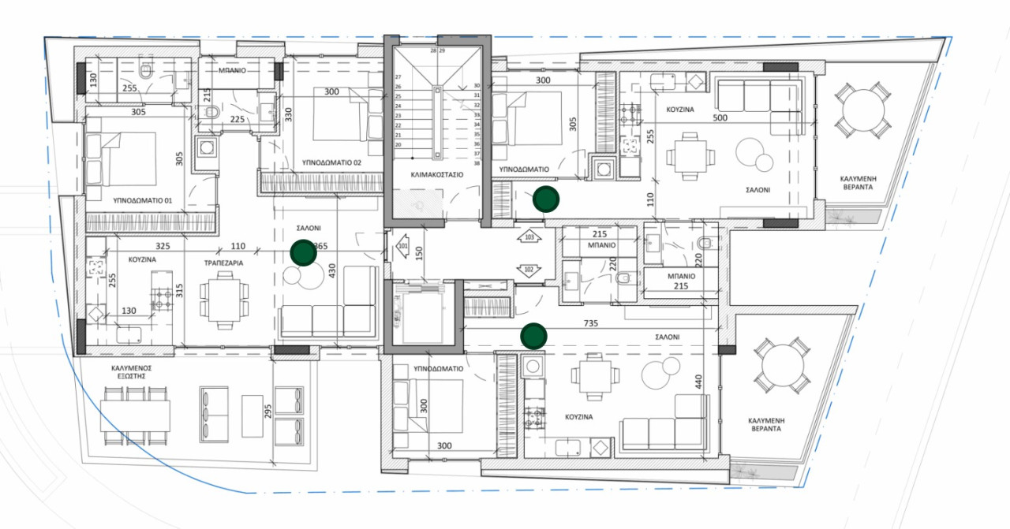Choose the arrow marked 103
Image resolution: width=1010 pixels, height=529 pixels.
(x=529, y=237)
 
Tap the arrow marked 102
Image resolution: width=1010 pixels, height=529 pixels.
(x=529, y=270)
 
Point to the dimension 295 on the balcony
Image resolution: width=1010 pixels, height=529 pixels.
(x=268, y=412)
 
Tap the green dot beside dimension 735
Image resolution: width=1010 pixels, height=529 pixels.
(x=534, y=337)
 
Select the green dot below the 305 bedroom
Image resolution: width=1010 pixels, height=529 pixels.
(x=544, y=199)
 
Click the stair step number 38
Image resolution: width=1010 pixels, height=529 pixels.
(x=477, y=163)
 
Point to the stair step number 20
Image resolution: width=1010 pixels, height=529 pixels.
(x=398, y=144)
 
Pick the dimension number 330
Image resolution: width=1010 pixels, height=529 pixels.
(x=289, y=115)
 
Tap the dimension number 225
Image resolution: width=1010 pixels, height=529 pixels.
(x=236, y=120)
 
